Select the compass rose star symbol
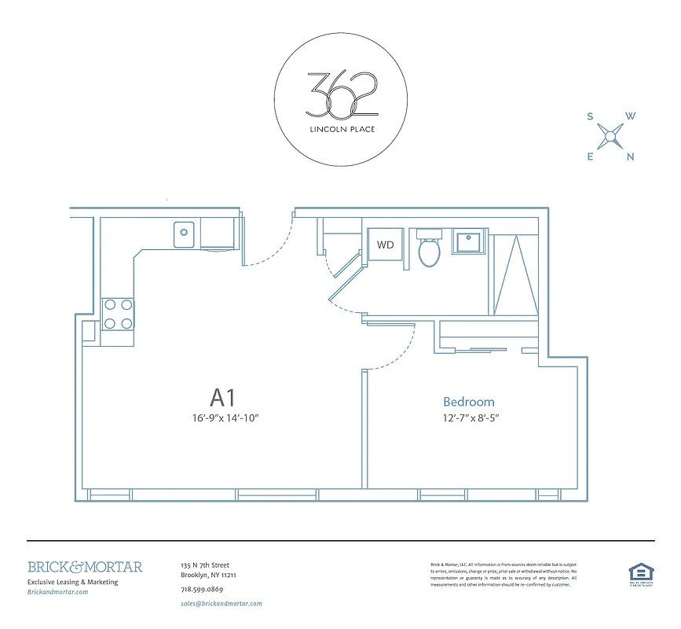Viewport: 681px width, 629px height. click(x=610, y=137)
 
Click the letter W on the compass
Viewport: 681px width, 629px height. click(x=630, y=116)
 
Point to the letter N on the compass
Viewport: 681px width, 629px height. click(x=630, y=156)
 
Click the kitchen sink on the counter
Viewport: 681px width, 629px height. click(x=185, y=233)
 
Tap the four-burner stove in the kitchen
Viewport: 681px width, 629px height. click(x=117, y=313)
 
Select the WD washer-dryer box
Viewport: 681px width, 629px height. click(x=385, y=245)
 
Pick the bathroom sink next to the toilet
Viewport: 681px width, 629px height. click(x=470, y=243)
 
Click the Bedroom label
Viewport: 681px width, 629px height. click(x=468, y=401)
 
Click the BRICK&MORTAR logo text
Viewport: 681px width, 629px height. click(x=85, y=567)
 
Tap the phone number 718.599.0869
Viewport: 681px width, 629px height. click(x=202, y=590)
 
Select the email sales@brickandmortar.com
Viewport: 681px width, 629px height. click(x=221, y=604)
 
